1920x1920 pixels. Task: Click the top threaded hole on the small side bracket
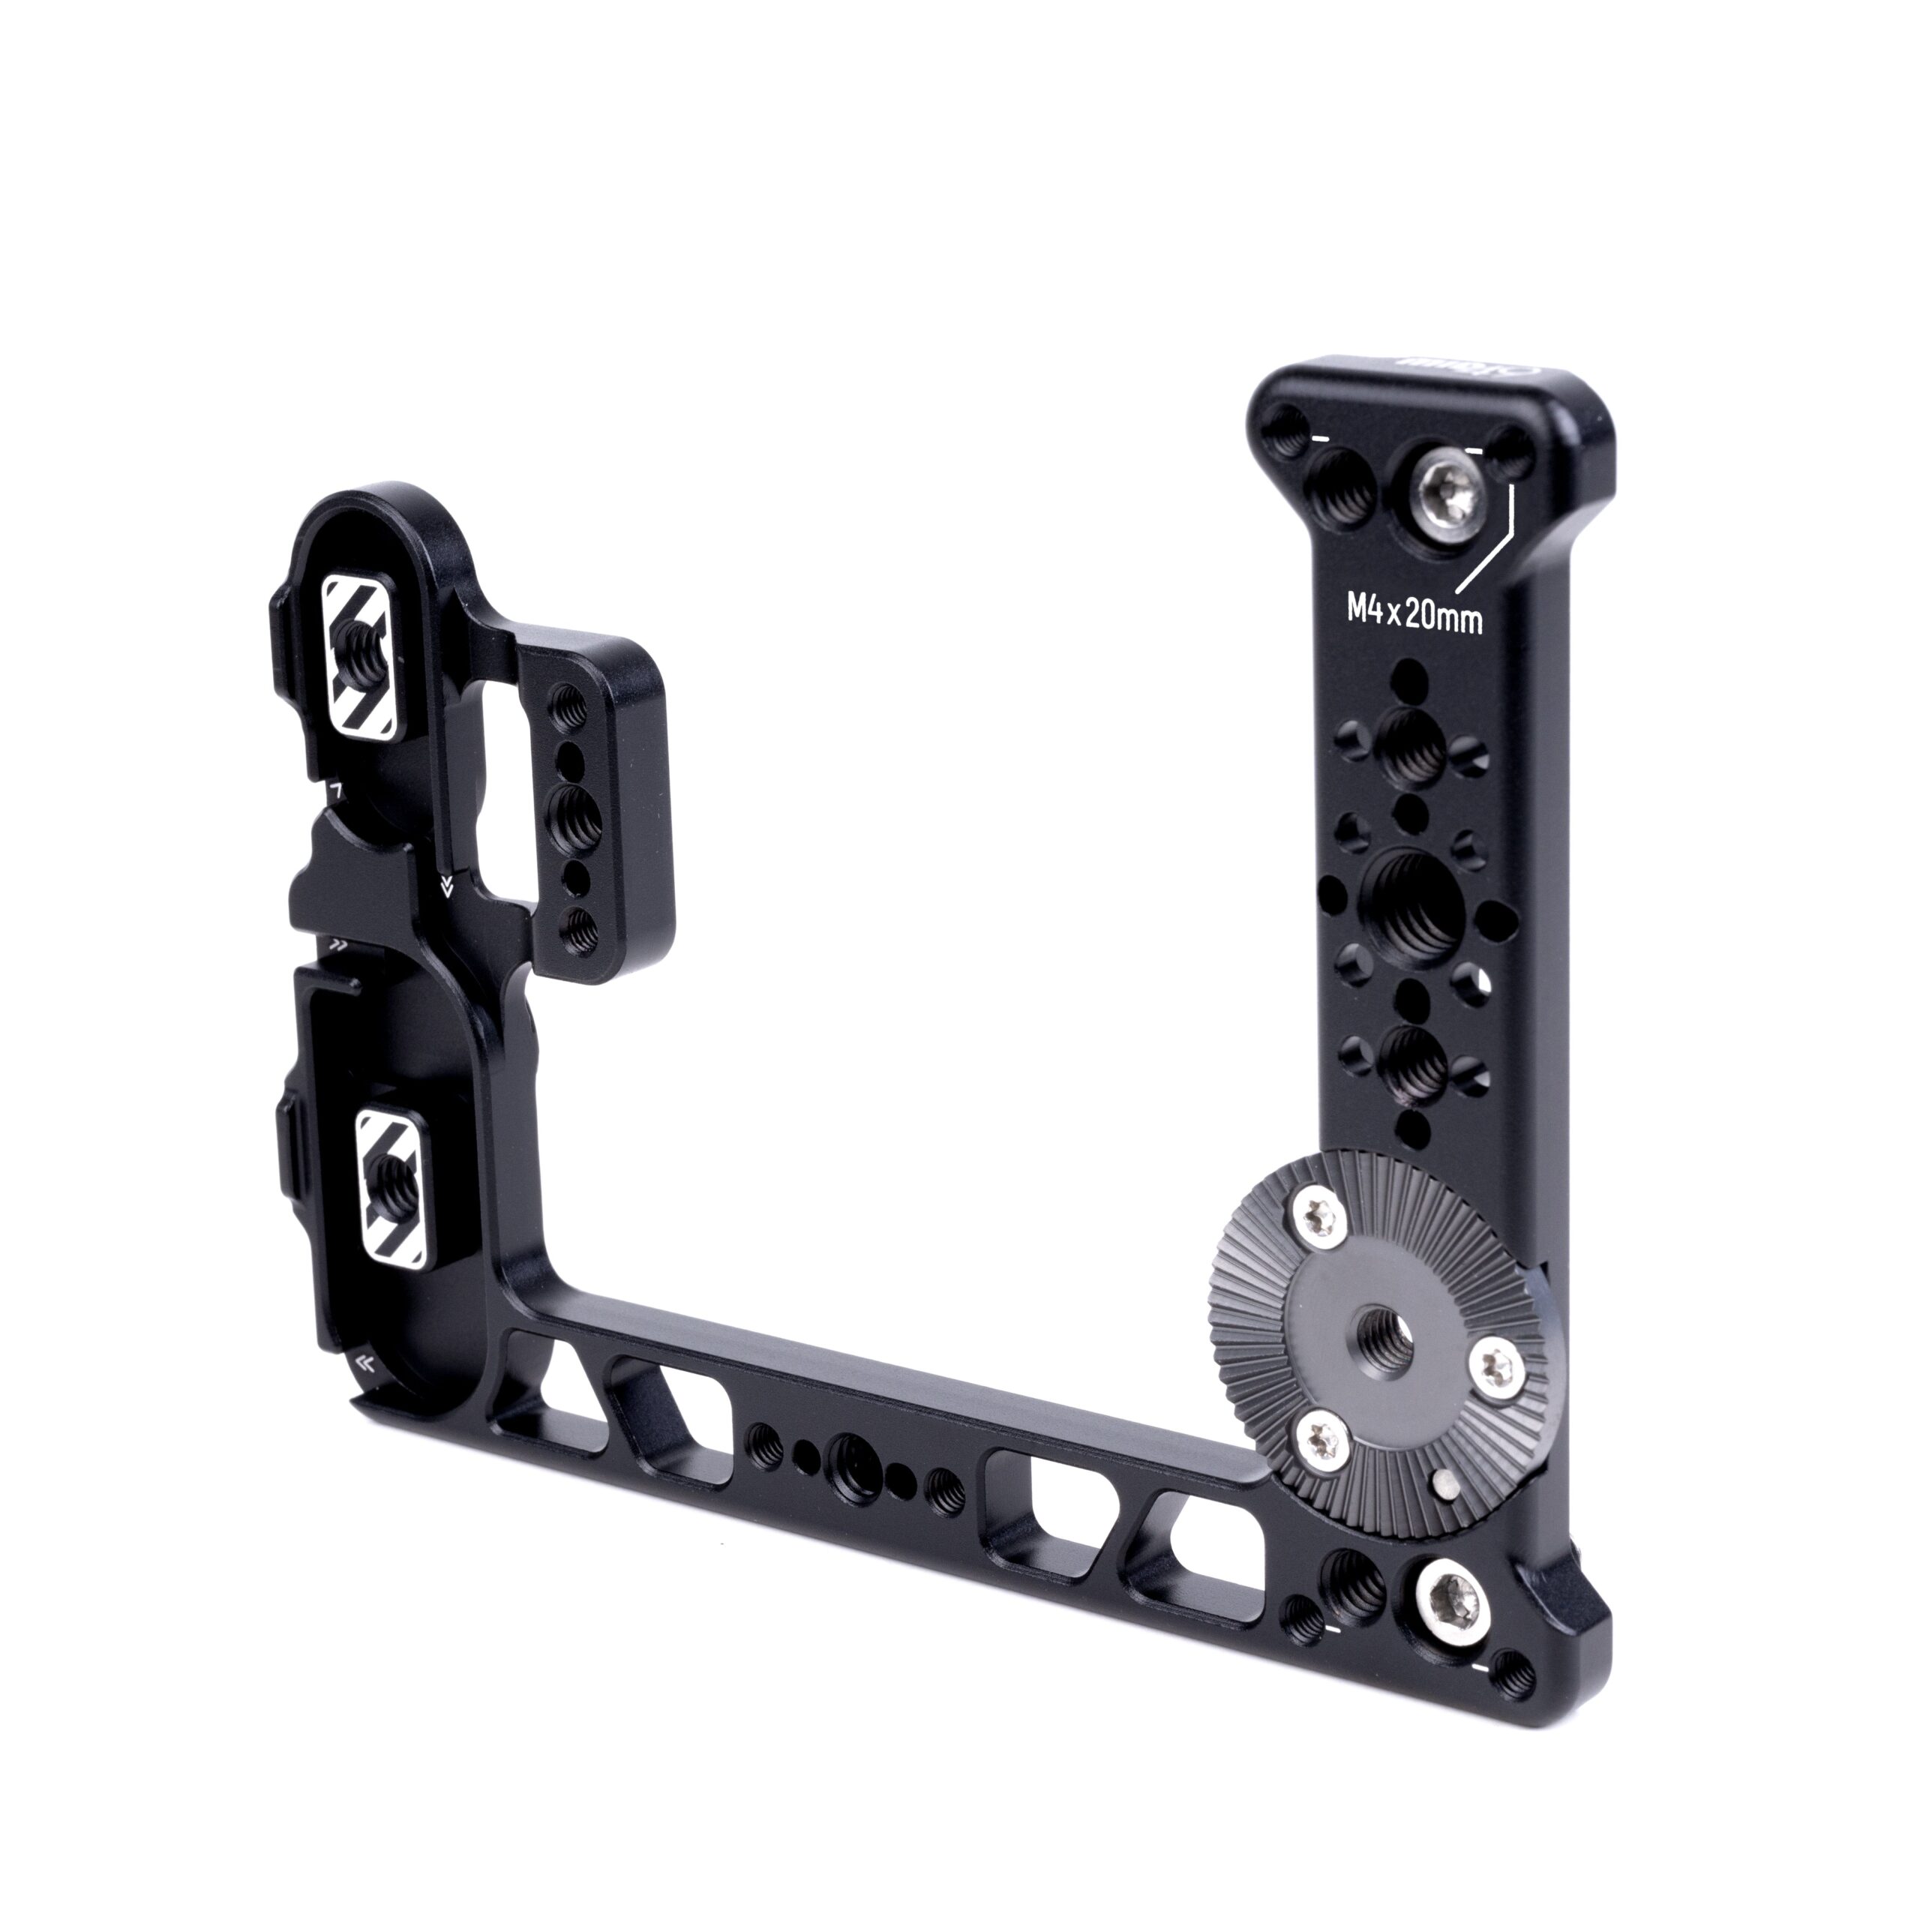(x=571, y=707)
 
